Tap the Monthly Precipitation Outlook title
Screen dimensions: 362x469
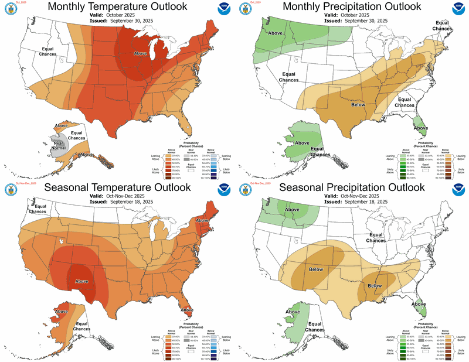(x=351, y=6)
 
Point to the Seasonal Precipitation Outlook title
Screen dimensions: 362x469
(x=351, y=187)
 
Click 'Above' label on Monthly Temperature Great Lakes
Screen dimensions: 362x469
(x=141, y=53)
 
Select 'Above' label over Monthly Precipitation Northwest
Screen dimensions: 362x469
(x=275, y=33)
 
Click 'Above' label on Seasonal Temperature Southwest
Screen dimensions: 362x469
(x=82, y=281)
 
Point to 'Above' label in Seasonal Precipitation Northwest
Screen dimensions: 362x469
(x=291, y=211)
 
